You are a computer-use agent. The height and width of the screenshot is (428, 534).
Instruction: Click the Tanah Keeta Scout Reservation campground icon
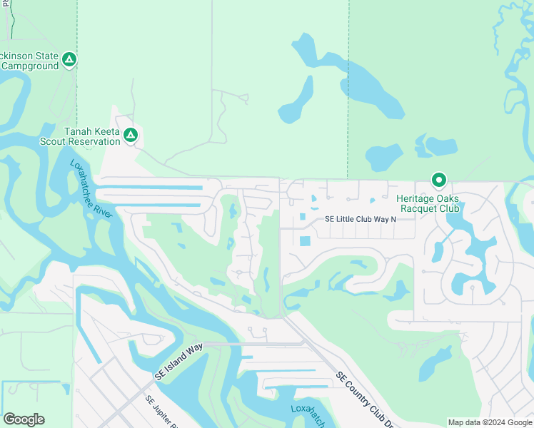tap(130, 135)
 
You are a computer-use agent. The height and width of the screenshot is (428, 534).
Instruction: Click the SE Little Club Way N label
tap(360, 219)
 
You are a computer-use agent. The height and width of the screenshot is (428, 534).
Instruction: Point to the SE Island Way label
tap(178, 361)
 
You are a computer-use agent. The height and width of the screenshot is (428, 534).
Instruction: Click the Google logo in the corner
tap(24, 419)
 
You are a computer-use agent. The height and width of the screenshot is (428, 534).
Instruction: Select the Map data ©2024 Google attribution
tap(490, 422)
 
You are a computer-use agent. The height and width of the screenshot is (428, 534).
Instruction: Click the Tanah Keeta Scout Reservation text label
tap(92, 136)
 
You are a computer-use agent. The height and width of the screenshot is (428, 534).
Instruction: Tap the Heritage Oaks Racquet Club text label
tap(428, 203)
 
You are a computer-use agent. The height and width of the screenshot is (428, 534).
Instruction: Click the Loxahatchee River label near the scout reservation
tap(91, 191)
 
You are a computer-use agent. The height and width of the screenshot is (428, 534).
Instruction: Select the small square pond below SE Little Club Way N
tap(305, 241)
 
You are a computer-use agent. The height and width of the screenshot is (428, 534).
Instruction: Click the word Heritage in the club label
tap(415, 198)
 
